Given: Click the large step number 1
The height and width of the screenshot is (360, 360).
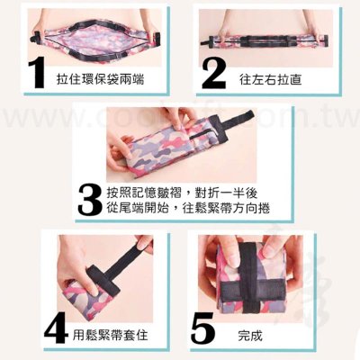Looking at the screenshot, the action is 38,73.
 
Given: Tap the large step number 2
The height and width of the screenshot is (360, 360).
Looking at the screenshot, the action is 213,74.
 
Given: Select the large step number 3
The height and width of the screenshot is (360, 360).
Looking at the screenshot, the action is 90,199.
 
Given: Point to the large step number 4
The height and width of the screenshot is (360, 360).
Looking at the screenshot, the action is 57,328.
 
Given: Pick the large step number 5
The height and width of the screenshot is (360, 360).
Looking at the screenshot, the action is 204,328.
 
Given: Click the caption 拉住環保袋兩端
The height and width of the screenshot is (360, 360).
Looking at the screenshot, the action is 100,79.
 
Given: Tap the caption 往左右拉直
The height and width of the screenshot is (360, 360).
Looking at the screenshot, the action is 270,79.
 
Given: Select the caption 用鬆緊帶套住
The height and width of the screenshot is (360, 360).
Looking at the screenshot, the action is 111,335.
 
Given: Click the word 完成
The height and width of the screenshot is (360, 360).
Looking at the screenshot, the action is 250,336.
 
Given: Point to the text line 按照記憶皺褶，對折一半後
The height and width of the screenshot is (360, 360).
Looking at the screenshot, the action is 182,193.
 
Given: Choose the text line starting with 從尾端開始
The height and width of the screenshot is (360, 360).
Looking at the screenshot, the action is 188,208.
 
